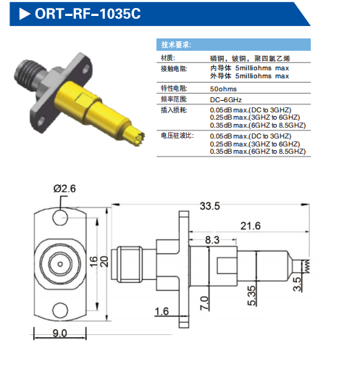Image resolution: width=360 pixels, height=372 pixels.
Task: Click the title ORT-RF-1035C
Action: (x=88, y=14)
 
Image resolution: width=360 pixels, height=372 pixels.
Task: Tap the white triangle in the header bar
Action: (x=25, y=14)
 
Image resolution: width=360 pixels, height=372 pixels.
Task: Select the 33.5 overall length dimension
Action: (x=210, y=206)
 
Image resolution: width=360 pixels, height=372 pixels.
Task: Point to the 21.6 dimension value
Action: (x=251, y=226)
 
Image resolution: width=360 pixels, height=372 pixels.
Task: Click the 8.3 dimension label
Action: (x=212, y=240)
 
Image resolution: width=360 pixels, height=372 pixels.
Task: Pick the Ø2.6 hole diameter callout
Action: (x=64, y=189)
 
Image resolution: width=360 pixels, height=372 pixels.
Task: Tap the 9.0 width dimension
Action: (x=59, y=334)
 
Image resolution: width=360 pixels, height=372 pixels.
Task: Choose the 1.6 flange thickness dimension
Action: (x=162, y=311)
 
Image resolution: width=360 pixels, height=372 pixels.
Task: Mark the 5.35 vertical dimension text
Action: (x=251, y=296)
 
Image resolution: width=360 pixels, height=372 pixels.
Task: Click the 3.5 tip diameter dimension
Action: (x=297, y=284)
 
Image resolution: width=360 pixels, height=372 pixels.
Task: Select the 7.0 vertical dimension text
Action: (x=204, y=303)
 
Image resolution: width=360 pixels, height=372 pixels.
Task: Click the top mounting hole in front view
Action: (x=60, y=218)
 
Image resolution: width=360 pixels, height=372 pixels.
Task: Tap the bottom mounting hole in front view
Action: (x=60, y=310)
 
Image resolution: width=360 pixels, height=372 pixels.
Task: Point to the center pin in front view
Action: (x=60, y=264)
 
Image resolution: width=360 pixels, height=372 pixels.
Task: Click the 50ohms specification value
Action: (x=223, y=89)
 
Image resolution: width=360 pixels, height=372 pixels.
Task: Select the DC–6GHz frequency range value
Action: (x=226, y=100)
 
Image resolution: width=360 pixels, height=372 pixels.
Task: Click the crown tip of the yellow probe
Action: (x=140, y=139)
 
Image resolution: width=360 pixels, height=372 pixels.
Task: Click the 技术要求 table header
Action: (x=176, y=45)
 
